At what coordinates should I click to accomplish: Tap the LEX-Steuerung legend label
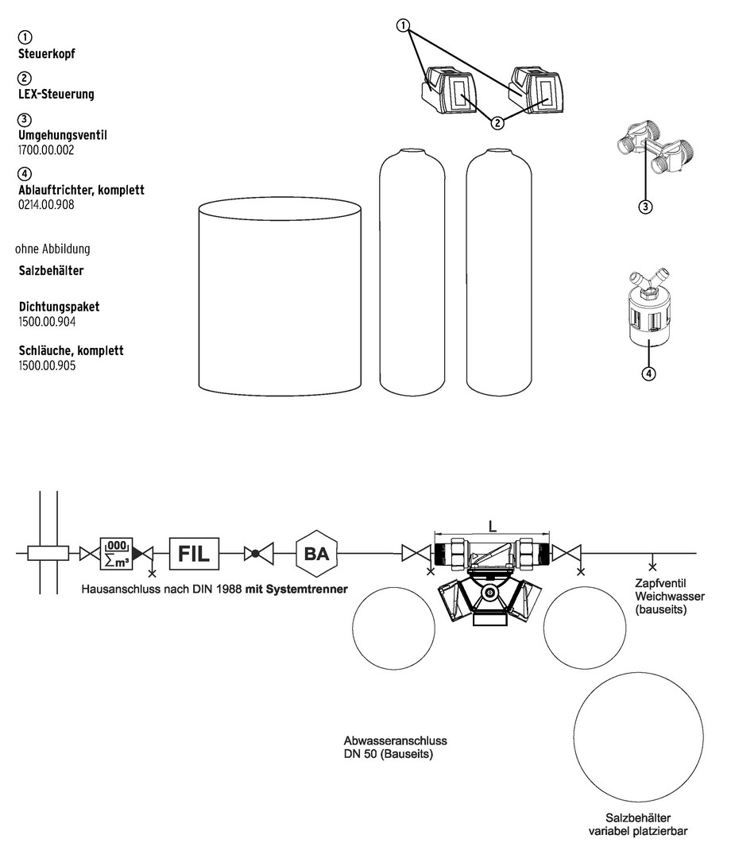click(56, 94)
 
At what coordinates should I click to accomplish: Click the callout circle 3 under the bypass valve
click(645, 207)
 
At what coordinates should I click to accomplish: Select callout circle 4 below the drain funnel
click(648, 374)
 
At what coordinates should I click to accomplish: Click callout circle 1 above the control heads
click(405, 25)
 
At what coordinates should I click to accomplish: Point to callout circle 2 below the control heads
click(497, 123)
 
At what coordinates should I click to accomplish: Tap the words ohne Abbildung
click(52, 248)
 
